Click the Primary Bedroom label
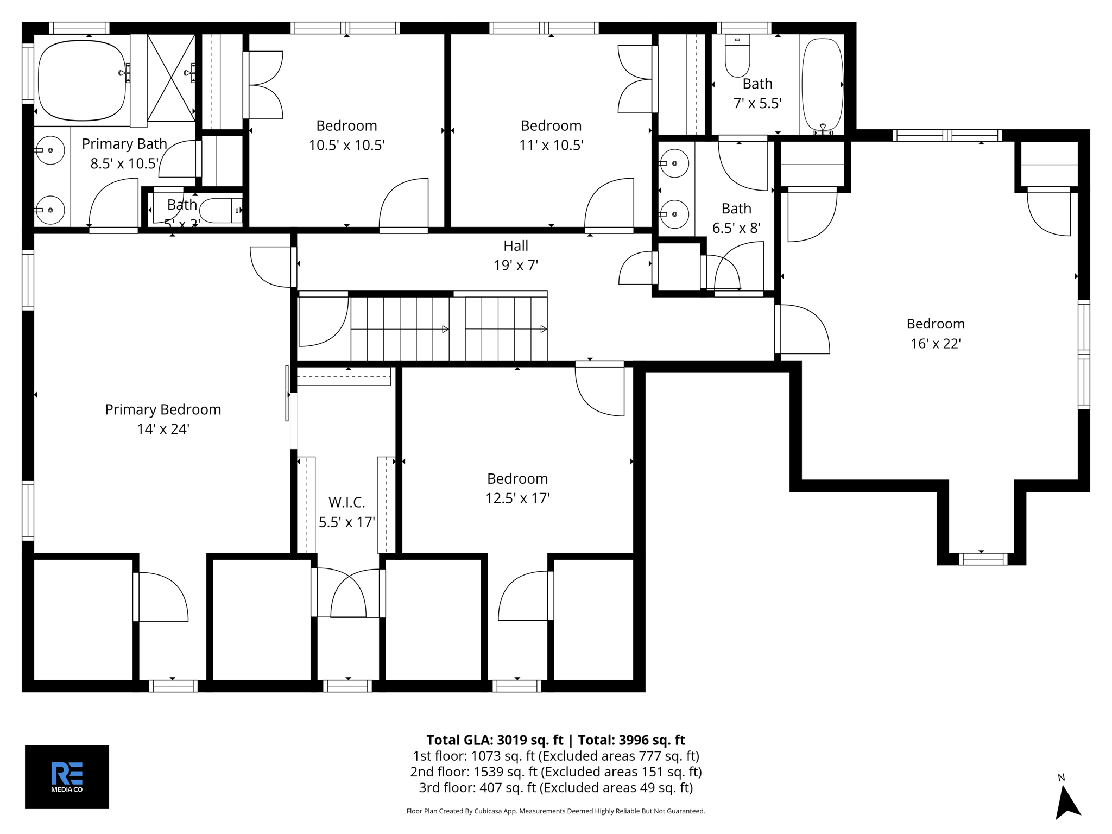pyautogui.click(x=163, y=409)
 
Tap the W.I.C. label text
pyautogui.click(x=346, y=502)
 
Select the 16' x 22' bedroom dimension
pyautogui.click(x=936, y=344)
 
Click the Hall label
pyautogui.click(x=515, y=246)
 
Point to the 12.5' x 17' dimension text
pyautogui.click(x=517, y=498)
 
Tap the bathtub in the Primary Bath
pyautogui.click(x=81, y=80)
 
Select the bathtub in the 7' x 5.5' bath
pyautogui.click(x=822, y=84)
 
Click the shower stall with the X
pyautogui.click(x=171, y=78)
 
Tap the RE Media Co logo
pyautogui.click(x=67, y=776)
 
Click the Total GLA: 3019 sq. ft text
pyautogui.click(x=495, y=740)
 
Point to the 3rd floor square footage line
pyautogui.click(x=555, y=787)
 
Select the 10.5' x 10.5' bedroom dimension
pyautogui.click(x=346, y=146)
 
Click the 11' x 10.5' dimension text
pyautogui.click(x=551, y=146)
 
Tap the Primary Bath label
pyautogui.click(x=124, y=144)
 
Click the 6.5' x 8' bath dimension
pyautogui.click(x=736, y=228)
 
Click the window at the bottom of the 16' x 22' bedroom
pyautogui.click(x=982, y=559)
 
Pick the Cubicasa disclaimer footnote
pyautogui.click(x=555, y=811)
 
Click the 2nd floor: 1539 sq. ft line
pyautogui.click(x=555, y=772)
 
